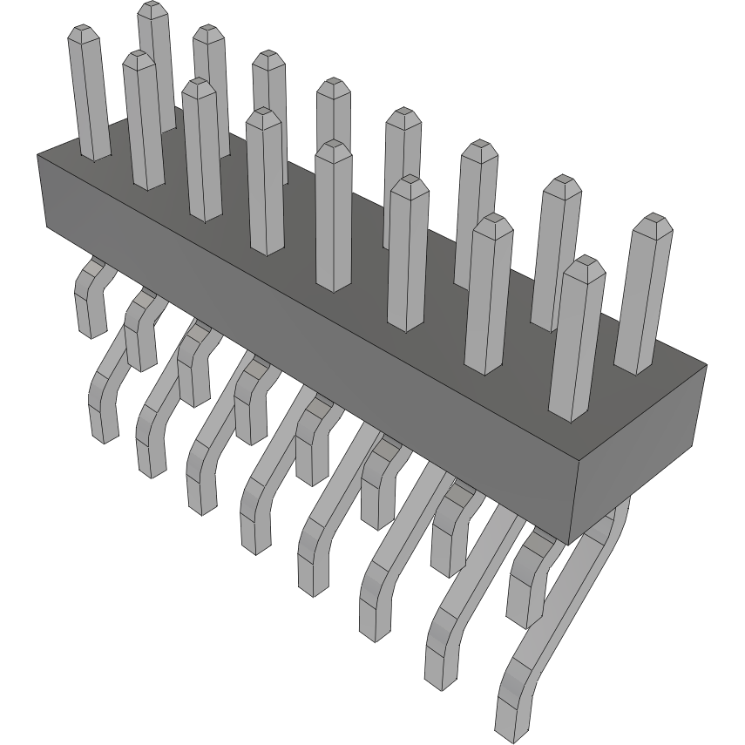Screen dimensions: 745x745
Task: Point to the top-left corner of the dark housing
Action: click(37, 155)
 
